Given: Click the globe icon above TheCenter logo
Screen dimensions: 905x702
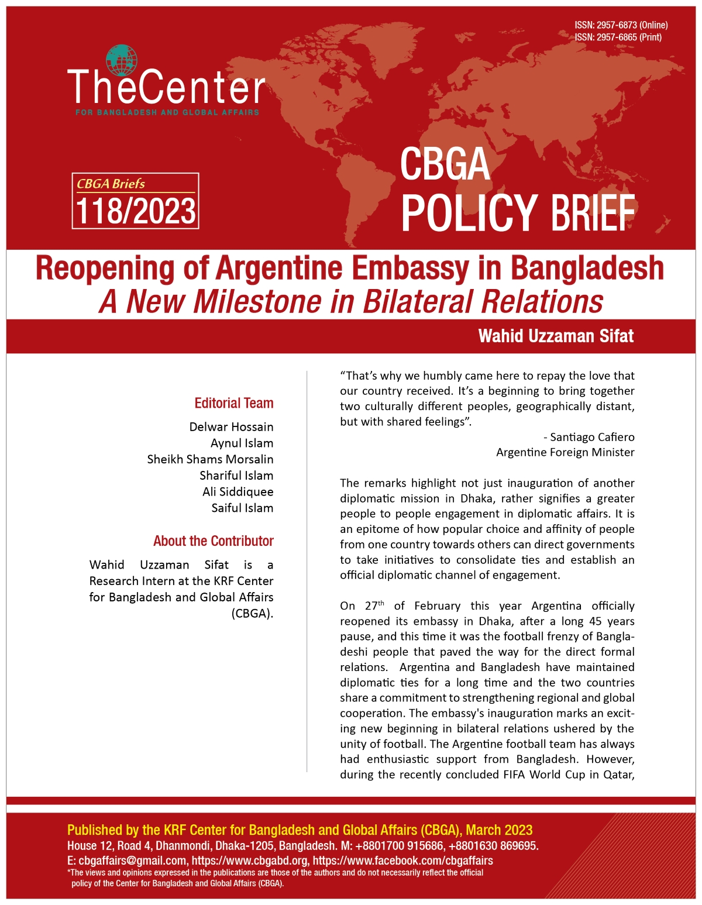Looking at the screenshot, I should click(x=122, y=60).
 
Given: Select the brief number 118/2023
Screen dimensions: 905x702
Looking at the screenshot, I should click(x=136, y=211).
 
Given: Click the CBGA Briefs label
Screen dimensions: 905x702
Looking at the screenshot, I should click(x=111, y=184).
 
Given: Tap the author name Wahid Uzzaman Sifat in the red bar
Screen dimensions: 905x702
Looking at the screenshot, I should click(x=556, y=336).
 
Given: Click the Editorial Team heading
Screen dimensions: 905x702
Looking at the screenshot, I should click(x=234, y=403).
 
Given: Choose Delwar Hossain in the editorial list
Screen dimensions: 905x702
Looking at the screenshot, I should click(x=231, y=426).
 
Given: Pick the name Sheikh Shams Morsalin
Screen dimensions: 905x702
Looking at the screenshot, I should click(x=210, y=459).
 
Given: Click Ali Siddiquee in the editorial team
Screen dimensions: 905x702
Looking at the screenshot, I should click(x=238, y=491).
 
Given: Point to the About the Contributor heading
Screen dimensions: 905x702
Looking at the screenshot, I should click(x=214, y=541).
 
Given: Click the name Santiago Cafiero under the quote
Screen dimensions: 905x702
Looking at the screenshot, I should click(x=592, y=437).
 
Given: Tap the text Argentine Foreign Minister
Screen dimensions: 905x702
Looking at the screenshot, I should click(x=565, y=452).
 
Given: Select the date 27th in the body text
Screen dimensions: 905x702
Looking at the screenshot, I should click(x=374, y=605).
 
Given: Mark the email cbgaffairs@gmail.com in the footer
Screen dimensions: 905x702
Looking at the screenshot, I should click(x=132, y=861).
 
